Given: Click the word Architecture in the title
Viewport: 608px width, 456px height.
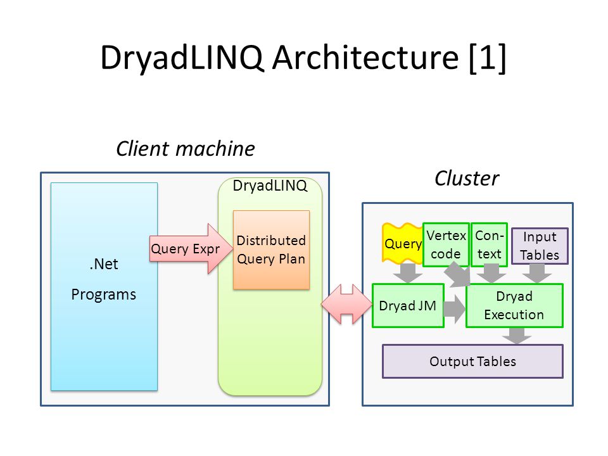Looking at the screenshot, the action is (365, 58).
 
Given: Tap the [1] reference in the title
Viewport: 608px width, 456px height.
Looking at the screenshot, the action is (488, 58).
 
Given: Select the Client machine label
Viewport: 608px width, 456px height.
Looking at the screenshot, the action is (186, 149).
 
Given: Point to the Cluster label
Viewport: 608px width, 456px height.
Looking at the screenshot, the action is (467, 179).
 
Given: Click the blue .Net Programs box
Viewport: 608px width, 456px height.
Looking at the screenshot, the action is (104, 286).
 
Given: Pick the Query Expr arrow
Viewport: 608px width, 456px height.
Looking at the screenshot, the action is (191, 248).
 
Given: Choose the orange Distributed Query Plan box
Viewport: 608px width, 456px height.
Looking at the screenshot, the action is (271, 250).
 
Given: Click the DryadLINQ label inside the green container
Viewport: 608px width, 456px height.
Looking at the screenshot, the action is (270, 186).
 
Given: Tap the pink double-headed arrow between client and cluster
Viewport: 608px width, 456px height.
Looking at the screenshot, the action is (346, 305).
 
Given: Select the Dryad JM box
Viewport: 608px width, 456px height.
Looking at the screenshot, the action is (408, 305).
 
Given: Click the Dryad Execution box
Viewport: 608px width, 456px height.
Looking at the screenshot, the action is (514, 305).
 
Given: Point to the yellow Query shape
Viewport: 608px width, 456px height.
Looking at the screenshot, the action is (403, 243).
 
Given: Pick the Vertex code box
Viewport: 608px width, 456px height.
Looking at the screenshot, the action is (446, 244).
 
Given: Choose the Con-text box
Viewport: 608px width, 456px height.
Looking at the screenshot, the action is (490, 244).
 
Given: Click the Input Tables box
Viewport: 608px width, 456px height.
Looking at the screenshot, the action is (540, 246).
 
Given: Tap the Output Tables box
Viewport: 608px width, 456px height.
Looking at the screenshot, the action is (472, 362).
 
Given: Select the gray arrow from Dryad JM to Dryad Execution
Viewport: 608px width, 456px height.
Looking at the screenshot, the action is (455, 308).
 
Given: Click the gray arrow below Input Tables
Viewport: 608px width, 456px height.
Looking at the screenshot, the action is (537, 273).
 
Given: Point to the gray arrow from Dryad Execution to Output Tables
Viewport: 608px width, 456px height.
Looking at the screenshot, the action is (517, 336).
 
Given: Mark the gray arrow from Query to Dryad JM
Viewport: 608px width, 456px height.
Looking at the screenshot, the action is (407, 273).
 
